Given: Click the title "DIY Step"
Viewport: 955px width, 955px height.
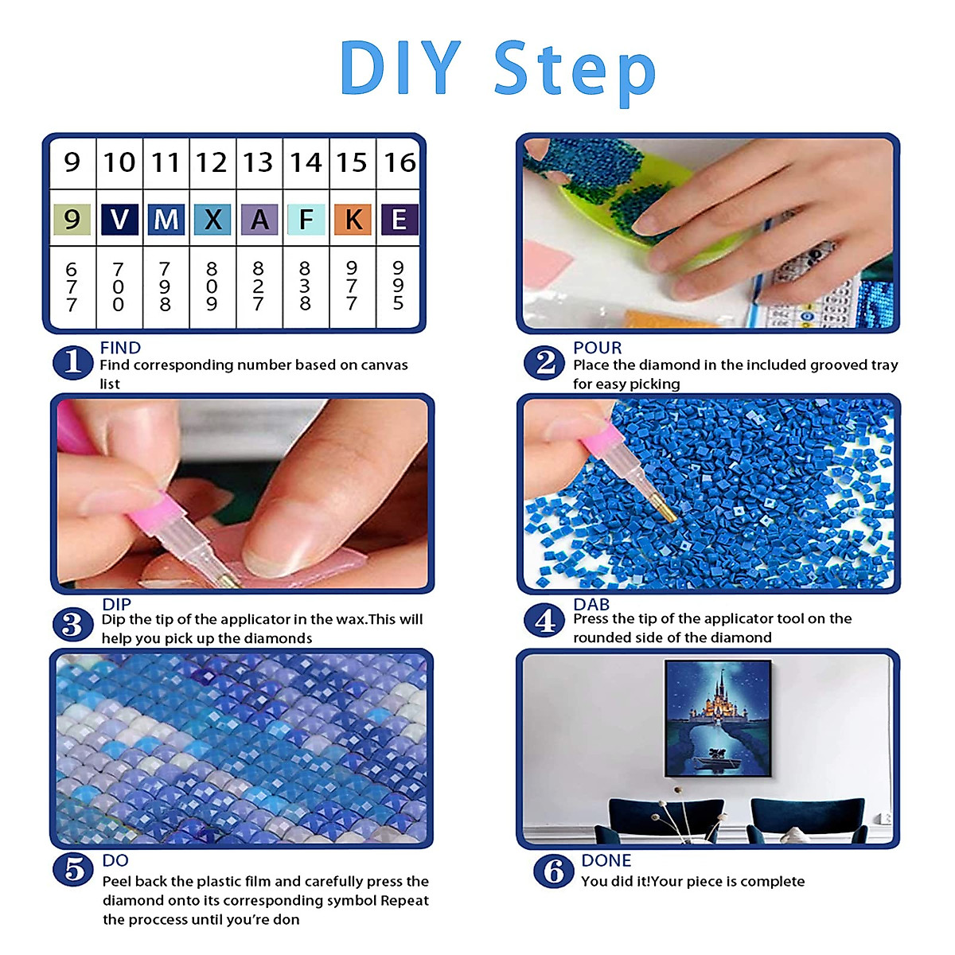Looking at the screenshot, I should pos(497,69).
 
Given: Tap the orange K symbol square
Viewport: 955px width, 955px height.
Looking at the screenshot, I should pos(353,219).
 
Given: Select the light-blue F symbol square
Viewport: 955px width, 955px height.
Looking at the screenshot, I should pos(306,219).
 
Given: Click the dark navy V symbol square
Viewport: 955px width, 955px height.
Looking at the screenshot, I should pos(119,219).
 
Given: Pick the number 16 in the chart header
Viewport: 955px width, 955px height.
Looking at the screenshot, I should pos(400,162).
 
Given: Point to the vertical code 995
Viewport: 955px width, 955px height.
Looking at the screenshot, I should pos(398,286).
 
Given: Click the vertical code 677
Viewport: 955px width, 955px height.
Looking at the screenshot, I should pos(72,286).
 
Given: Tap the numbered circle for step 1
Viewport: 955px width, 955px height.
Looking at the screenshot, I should pos(72,363).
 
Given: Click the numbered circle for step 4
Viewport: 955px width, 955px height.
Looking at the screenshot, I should pos(544,620).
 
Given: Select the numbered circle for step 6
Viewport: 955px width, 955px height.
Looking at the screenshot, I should pos(553,871).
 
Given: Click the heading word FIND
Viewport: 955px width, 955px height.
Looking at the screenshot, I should pos(120,348).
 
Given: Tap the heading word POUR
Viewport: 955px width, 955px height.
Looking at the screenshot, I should pos(597,348).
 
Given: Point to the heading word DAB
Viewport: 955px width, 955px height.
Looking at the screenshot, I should pos(591,604).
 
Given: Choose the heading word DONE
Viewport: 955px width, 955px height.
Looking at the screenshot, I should pos(606,860).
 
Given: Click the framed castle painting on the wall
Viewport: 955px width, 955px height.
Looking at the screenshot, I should pos(718,718).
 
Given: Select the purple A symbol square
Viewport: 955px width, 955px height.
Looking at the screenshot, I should pos(259,219).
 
